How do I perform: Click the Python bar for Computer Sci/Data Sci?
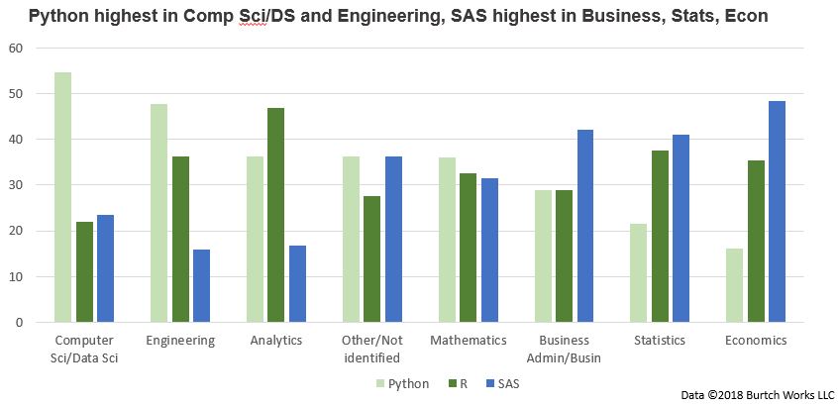[x=62, y=197]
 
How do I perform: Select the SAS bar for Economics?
[x=776, y=212]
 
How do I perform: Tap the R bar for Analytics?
[x=275, y=215]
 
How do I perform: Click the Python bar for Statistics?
[x=639, y=272]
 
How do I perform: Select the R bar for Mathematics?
[x=468, y=248]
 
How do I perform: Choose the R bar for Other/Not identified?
[x=371, y=258]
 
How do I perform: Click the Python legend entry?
[x=402, y=383]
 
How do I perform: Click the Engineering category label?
[x=179, y=341]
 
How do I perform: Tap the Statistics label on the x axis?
[x=660, y=341]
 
